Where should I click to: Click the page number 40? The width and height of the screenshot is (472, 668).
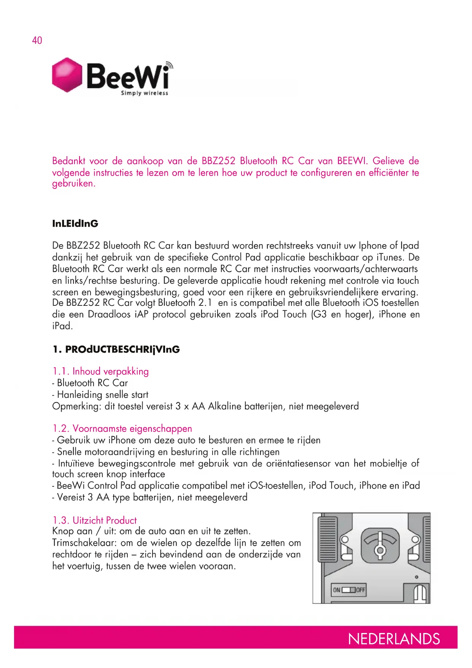pos(37,40)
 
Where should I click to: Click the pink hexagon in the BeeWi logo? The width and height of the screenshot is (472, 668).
pos(67,75)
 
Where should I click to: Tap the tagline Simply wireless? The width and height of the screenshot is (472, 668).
pos(144,93)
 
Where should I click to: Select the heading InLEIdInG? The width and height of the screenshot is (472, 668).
pos(75,224)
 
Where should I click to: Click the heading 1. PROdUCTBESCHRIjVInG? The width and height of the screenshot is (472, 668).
pos(116,349)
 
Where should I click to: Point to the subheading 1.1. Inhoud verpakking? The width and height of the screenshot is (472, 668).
pos(100,371)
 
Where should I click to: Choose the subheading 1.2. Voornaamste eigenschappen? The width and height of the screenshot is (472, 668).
pos(122,428)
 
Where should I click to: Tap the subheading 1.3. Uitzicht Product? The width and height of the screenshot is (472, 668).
pos(94,520)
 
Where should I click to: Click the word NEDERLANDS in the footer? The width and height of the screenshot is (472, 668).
pos(394,639)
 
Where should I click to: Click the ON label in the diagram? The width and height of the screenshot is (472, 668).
pos(337,590)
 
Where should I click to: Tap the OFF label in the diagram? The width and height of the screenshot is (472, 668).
pos(360,590)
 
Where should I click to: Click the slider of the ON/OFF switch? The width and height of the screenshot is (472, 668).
pos(348,590)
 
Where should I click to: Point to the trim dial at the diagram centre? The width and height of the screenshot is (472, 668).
pos(380,546)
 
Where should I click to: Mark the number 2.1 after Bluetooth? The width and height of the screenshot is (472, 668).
pos(205,303)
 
